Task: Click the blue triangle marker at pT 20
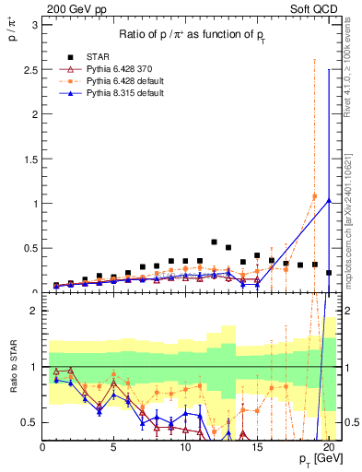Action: pyautogui.click(x=329, y=201)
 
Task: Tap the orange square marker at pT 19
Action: pyautogui.click(x=314, y=196)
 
